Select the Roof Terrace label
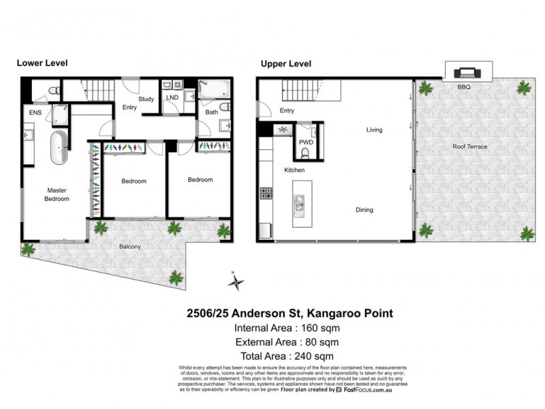(x=469, y=146)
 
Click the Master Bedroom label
(x=57, y=195)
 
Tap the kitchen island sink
(x=299, y=203)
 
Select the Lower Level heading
(x=42, y=63)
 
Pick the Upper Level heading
(x=285, y=63)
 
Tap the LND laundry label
(x=172, y=97)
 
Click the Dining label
(x=364, y=210)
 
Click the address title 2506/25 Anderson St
(x=290, y=314)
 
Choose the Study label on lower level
(x=146, y=100)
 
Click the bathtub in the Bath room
(x=215, y=89)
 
